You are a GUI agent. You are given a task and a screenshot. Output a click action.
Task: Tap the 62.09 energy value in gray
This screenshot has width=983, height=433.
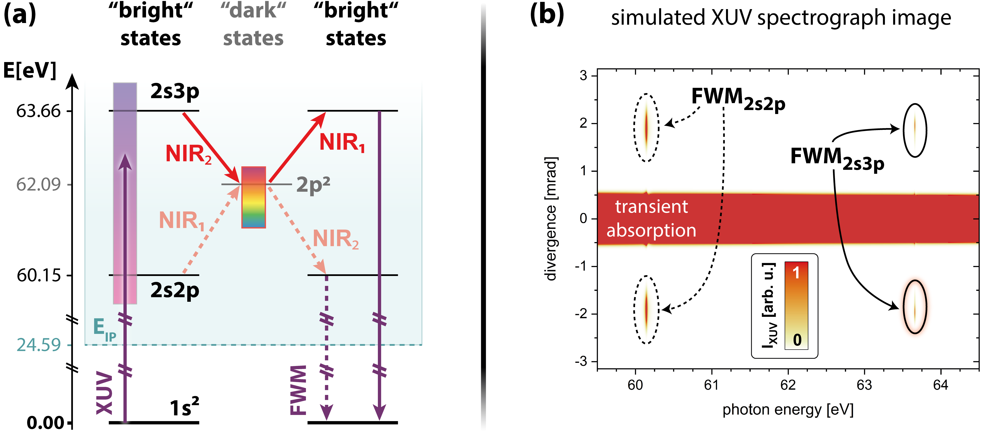[x=38, y=184]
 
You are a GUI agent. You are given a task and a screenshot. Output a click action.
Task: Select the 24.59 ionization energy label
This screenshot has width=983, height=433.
[x=38, y=345]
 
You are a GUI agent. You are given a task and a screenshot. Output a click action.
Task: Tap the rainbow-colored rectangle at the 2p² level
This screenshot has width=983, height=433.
[x=253, y=197]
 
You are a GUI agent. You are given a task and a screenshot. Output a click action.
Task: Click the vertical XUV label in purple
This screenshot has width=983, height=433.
[x=105, y=393]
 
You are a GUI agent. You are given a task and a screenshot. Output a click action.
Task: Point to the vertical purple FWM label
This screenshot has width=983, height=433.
[x=298, y=389]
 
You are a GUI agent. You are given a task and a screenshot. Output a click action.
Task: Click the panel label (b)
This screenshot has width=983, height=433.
[x=547, y=15]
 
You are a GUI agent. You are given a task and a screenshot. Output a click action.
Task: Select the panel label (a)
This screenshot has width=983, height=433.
[x=20, y=15]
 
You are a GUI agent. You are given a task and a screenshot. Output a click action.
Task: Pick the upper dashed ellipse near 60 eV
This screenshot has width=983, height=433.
[x=646, y=127]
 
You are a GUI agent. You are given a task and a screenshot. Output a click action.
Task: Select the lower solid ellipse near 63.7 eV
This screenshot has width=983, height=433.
[x=915, y=307]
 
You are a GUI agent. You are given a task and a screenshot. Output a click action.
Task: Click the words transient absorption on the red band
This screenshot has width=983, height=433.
[x=651, y=218]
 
